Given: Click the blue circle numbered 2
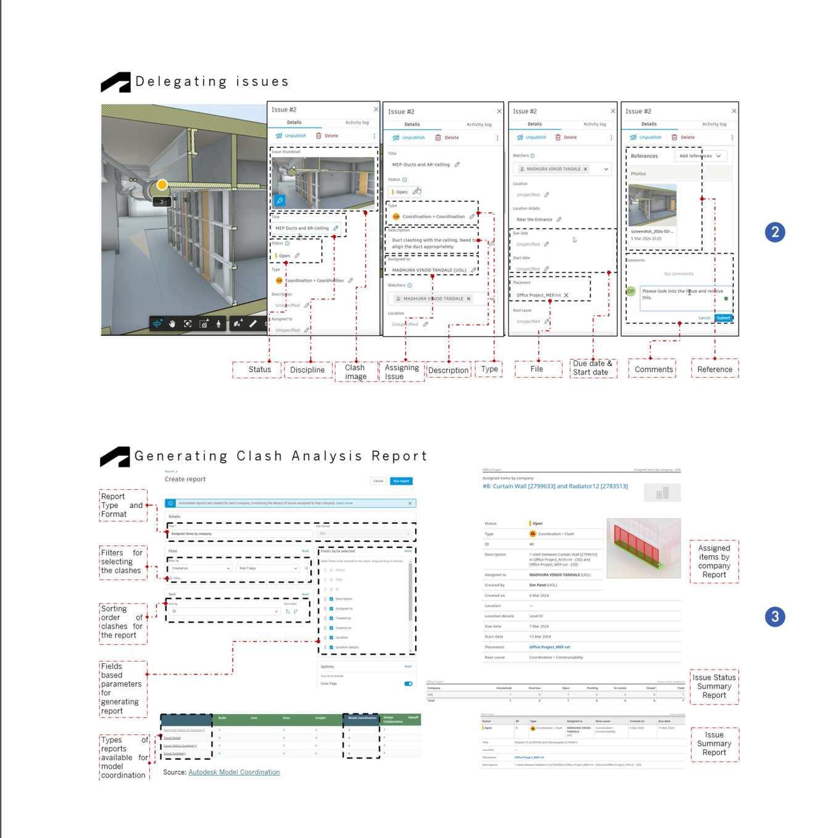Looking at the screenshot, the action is (x=775, y=232).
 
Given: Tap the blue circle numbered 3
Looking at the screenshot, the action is (x=775, y=616).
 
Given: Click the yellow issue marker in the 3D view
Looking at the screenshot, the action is (x=162, y=185).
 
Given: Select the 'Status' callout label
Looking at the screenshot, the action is (x=259, y=370).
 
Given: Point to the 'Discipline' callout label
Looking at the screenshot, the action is (x=307, y=370).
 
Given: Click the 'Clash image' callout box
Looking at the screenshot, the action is (x=355, y=372).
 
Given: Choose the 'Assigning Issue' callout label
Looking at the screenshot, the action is (x=402, y=372).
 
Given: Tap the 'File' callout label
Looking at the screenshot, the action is (x=537, y=369).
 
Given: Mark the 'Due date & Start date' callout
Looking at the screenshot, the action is (x=592, y=368).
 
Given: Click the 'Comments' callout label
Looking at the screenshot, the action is (x=653, y=370).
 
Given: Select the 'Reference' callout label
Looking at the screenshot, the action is (x=714, y=370).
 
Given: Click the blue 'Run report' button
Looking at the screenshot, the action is (x=401, y=481).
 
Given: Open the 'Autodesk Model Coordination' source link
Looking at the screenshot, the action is (x=234, y=772).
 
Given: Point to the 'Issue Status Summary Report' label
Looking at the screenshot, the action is (x=714, y=686).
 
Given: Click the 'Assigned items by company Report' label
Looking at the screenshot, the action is (x=714, y=561).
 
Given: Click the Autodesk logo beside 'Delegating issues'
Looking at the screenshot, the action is (x=115, y=82).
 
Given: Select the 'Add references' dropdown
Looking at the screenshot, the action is (x=700, y=156).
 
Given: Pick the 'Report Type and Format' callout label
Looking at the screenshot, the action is (x=122, y=505).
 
